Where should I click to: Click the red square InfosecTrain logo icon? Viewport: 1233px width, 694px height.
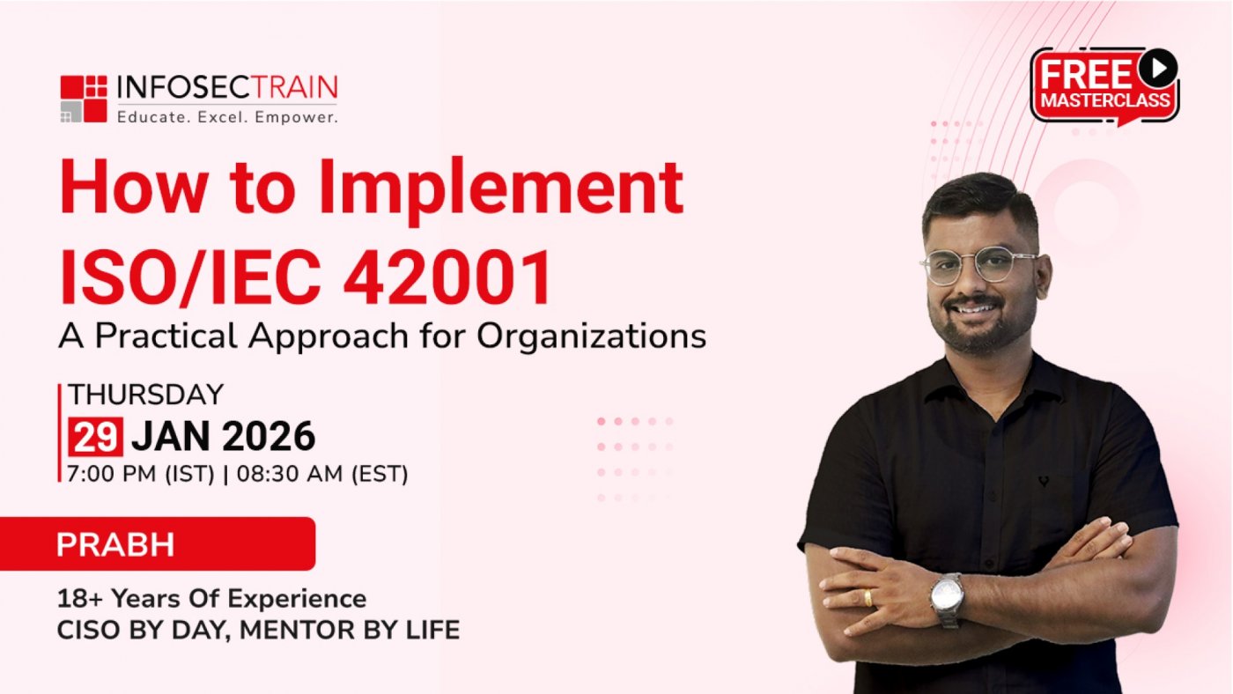point(84,99)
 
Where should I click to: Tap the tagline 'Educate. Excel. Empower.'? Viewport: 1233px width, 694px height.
point(227,117)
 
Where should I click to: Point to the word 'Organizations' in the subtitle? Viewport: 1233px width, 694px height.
point(591,336)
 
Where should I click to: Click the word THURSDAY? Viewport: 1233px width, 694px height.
point(146,395)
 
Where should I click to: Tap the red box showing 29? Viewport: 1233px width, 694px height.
point(95,437)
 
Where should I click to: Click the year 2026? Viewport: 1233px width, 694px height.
point(269,437)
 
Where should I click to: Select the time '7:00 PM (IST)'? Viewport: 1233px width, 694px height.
point(140,474)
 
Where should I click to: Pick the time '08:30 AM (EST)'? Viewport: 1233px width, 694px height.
point(322,474)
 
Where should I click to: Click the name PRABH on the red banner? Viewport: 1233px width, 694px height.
point(115,544)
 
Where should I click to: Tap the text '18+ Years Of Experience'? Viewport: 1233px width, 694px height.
point(212,599)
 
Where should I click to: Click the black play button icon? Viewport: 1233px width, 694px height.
point(1157,68)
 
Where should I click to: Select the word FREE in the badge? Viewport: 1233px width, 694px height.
point(1085,76)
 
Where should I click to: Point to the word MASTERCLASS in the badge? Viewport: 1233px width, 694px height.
point(1105,100)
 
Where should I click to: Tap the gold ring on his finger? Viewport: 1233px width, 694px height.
point(868,598)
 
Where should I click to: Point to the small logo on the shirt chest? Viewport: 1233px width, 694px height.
point(1043,482)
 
